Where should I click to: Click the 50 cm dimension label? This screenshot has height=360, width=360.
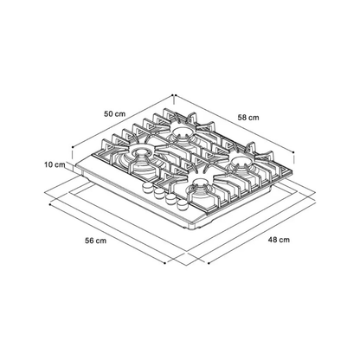pyautogui.click(x=115, y=113)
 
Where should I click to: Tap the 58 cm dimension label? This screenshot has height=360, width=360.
pyautogui.click(x=248, y=118)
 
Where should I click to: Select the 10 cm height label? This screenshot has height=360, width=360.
pyautogui.click(x=55, y=164)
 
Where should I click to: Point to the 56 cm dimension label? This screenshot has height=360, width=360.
pyautogui.click(x=95, y=241)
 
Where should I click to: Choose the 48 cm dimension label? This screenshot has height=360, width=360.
pyautogui.click(x=279, y=240)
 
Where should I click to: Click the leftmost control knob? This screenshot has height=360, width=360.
pyautogui.click(x=147, y=187)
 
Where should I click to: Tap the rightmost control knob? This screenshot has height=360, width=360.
pyautogui.click(x=182, y=205)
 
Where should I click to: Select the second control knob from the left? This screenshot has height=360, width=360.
pyautogui.click(x=159, y=193)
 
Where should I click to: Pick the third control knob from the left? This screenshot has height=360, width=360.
pyautogui.click(x=170, y=199)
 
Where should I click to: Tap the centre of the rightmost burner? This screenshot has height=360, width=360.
pyautogui.click(x=241, y=161)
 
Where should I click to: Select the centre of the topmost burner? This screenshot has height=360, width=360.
pyautogui.click(x=183, y=132)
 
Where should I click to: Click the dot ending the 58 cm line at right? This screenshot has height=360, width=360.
pyautogui.click(x=293, y=152)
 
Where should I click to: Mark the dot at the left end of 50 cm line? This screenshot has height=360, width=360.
pyautogui.click(x=72, y=147)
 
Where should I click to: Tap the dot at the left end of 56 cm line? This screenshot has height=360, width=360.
pyautogui.click(x=50, y=204)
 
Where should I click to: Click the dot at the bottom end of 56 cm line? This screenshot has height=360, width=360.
pyautogui.click(x=164, y=263)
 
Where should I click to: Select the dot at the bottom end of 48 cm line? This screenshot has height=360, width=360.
pyautogui.click(x=209, y=263)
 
